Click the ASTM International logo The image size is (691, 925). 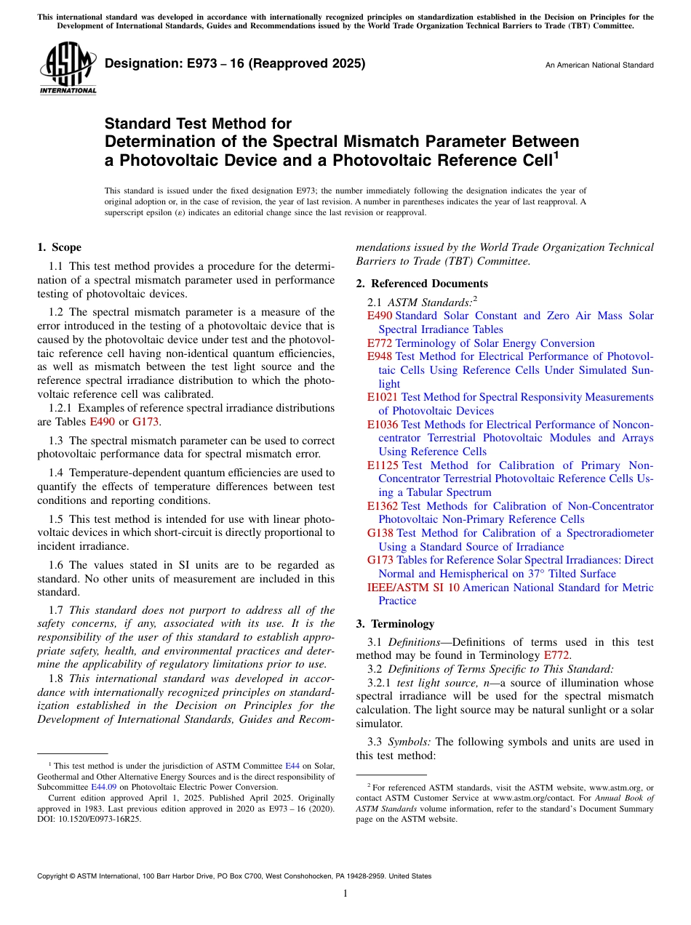click(67, 68)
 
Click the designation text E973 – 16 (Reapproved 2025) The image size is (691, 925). click(235, 64)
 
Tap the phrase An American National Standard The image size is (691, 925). click(599, 65)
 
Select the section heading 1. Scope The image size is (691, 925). click(59, 247)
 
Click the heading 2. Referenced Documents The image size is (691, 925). click(421, 284)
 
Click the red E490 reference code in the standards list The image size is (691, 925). click(380, 316)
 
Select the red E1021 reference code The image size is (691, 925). click(383, 397)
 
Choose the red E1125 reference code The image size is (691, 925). click(383, 465)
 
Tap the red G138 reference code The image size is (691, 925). click(380, 533)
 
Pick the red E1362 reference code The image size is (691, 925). click(383, 506)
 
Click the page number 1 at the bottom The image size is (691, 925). click(345, 894)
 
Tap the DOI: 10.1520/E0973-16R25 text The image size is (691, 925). click(89, 818)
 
